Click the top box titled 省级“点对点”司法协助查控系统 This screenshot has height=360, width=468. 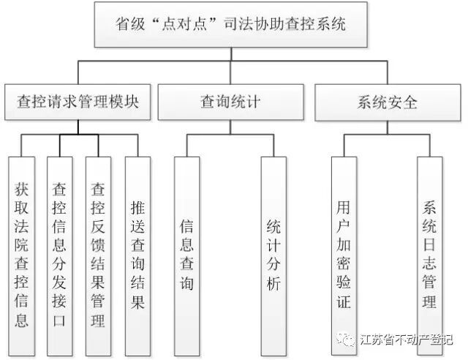pos(230,24)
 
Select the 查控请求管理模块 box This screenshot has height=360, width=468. pos(77,102)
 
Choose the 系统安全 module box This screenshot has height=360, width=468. pos(388,102)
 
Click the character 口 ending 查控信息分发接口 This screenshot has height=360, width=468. pos(60,320)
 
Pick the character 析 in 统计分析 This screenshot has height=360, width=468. pos(273,284)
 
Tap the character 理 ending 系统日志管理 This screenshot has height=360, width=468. pos(429,301)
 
